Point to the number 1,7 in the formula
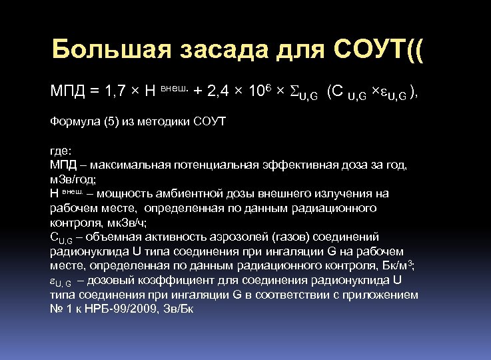coord(117,91)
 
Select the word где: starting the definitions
coord(61,151)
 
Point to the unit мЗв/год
coord(72,179)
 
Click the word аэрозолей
coord(207,237)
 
